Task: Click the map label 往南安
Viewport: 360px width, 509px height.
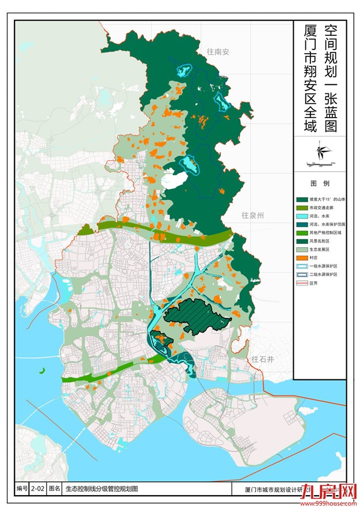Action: [x=218, y=51]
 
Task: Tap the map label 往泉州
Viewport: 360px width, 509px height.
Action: [x=252, y=216]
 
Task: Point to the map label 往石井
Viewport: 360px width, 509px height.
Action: [x=263, y=359]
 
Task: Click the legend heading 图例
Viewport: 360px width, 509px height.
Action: [x=320, y=183]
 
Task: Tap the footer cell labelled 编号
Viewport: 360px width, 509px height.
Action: [x=22, y=488]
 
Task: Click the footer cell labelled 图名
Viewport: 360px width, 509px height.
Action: [x=55, y=488]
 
